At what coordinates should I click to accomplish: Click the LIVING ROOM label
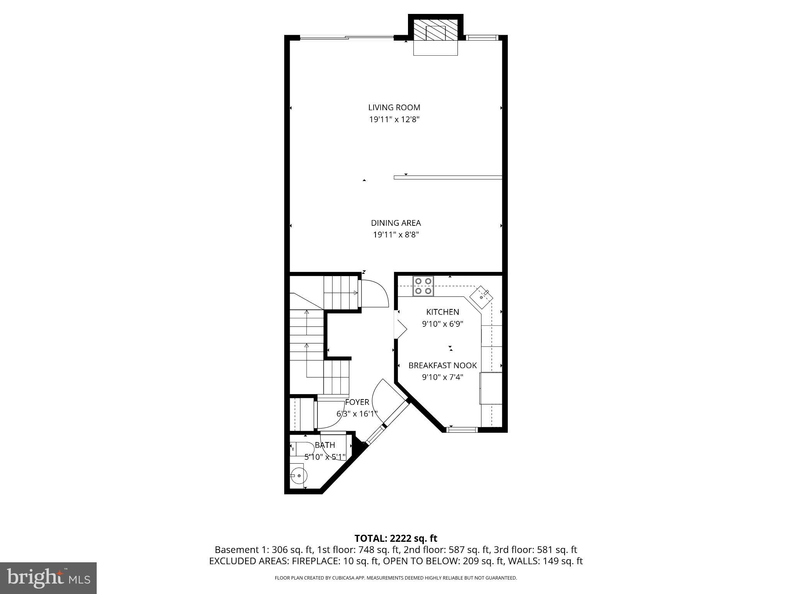tap(394, 108)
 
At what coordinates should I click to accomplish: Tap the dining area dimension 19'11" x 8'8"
tap(396, 235)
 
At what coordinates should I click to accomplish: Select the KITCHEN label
tap(442, 312)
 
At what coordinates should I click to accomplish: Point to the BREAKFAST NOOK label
tap(442, 365)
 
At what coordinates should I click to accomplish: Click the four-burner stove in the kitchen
tap(423, 286)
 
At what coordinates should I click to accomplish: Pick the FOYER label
tap(357, 402)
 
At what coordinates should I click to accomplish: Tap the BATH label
tap(324, 445)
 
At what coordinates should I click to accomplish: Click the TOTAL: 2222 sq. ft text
tap(396, 538)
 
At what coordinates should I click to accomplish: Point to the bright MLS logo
tap(48, 578)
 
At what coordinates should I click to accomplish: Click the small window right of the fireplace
tap(481, 38)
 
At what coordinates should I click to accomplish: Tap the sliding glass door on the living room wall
tap(347, 38)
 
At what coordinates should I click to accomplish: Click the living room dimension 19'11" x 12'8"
tap(394, 119)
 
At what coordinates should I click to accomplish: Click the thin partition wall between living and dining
tap(447, 178)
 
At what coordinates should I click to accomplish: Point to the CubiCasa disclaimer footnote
tap(396, 578)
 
